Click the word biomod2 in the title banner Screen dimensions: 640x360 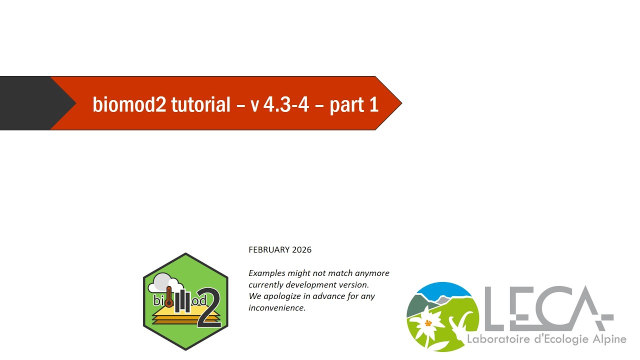click(x=129, y=104)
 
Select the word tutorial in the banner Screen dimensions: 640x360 click(x=201, y=104)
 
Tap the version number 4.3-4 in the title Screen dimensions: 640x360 click(x=286, y=104)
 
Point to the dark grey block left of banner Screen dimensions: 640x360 click(x=31, y=103)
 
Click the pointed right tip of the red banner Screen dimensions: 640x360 click(x=401, y=103)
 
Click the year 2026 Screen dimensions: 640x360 click(x=301, y=249)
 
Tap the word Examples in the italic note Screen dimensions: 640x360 click(x=267, y=273)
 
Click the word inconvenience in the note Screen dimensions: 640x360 click(x=277, y=307)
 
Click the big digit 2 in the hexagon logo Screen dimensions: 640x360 click(x=209, y=307)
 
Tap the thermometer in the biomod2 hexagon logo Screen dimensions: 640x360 click(x=169, y=297)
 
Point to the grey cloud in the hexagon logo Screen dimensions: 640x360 click(x=165, y=283)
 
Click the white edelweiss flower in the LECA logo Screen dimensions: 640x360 click(x=427, y=324)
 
